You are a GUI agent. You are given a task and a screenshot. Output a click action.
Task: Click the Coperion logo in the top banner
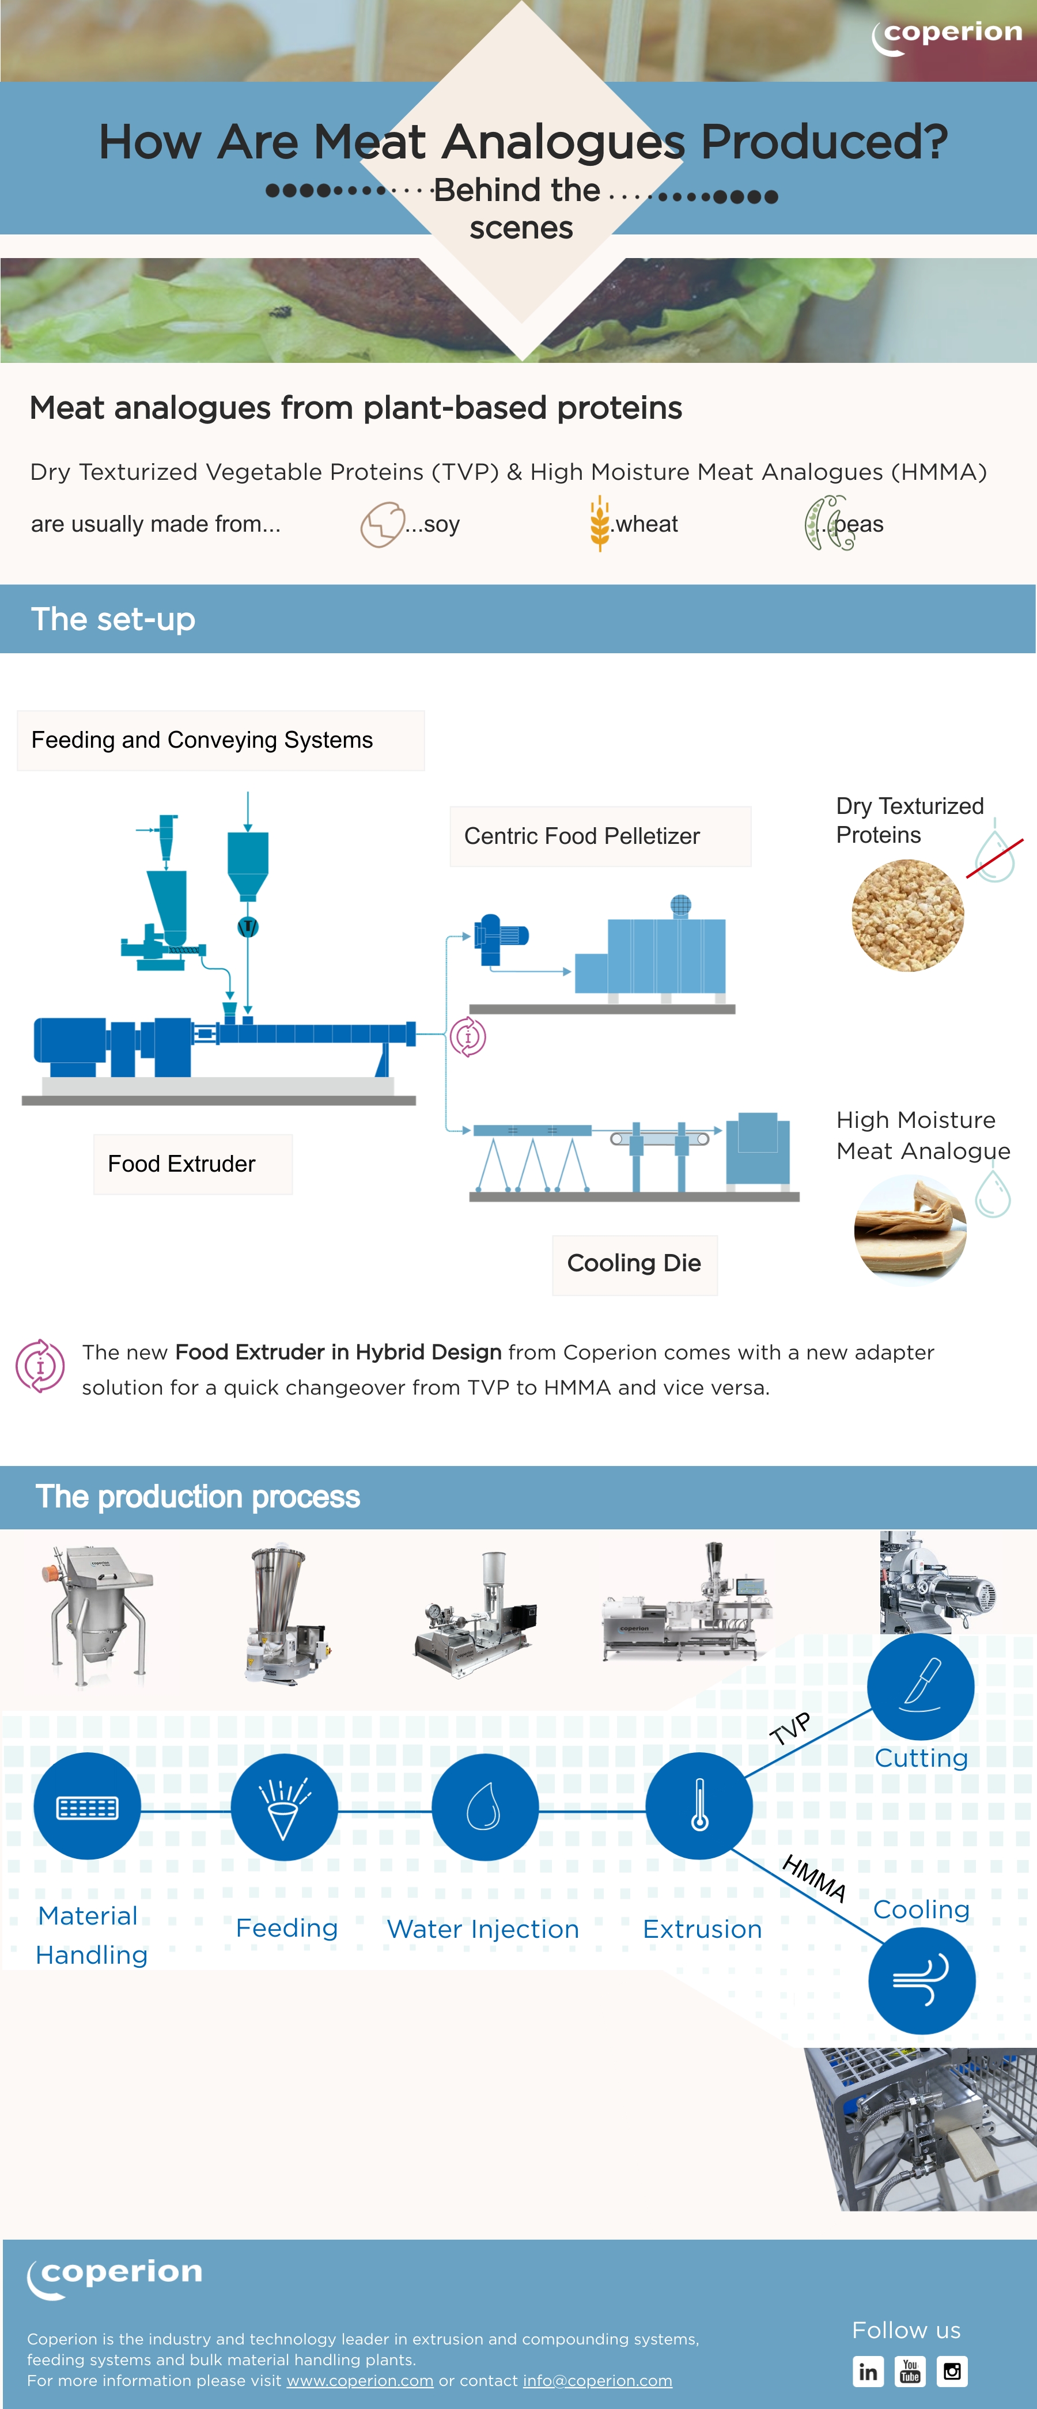(x=947, y=36)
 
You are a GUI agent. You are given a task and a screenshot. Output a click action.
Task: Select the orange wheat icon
(x=599, y=523)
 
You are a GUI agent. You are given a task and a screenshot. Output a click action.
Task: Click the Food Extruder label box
(x=192, y=1164)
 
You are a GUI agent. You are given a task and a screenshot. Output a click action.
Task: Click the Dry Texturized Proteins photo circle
(x=907, y=915)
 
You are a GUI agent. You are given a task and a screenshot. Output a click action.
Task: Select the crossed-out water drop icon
(x=995, y=853)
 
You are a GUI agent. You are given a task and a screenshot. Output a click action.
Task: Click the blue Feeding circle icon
(x=284, y=1806)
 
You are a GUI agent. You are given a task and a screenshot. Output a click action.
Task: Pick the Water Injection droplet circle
(x=485, y=1806)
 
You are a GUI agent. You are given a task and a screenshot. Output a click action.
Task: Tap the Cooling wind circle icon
(x=922, y=1980)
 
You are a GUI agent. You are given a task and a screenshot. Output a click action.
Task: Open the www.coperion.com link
(x=360, y=2380)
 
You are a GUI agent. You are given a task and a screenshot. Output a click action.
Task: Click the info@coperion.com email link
(x=597, y=2380)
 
